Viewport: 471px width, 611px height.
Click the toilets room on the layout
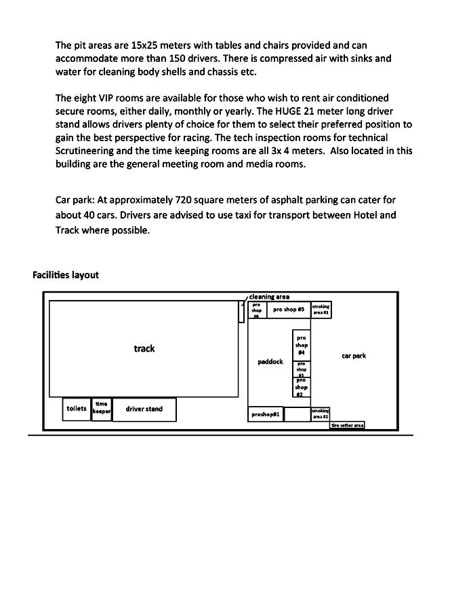[77, 409]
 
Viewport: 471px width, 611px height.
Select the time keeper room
[102, 409]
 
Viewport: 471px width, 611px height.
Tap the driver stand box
[144, 409]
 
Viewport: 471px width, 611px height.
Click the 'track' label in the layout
[144, 348]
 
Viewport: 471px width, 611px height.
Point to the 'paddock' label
[270, 362]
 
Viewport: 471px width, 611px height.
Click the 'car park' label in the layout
[354, 356]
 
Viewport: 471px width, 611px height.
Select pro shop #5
[288, 310]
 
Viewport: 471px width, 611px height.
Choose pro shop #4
[302, 345]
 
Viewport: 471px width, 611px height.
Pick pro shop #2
[302, 388]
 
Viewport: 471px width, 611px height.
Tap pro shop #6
[257, 310]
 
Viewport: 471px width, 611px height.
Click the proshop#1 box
[266, 414]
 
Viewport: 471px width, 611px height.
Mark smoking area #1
[321, 310]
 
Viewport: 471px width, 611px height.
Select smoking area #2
[321, 414]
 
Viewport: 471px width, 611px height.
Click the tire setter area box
[347, 425]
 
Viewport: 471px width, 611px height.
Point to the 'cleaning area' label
[269, 297]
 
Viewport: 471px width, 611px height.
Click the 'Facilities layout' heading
[66, 275]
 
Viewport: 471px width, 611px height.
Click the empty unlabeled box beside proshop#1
[297, 414]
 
